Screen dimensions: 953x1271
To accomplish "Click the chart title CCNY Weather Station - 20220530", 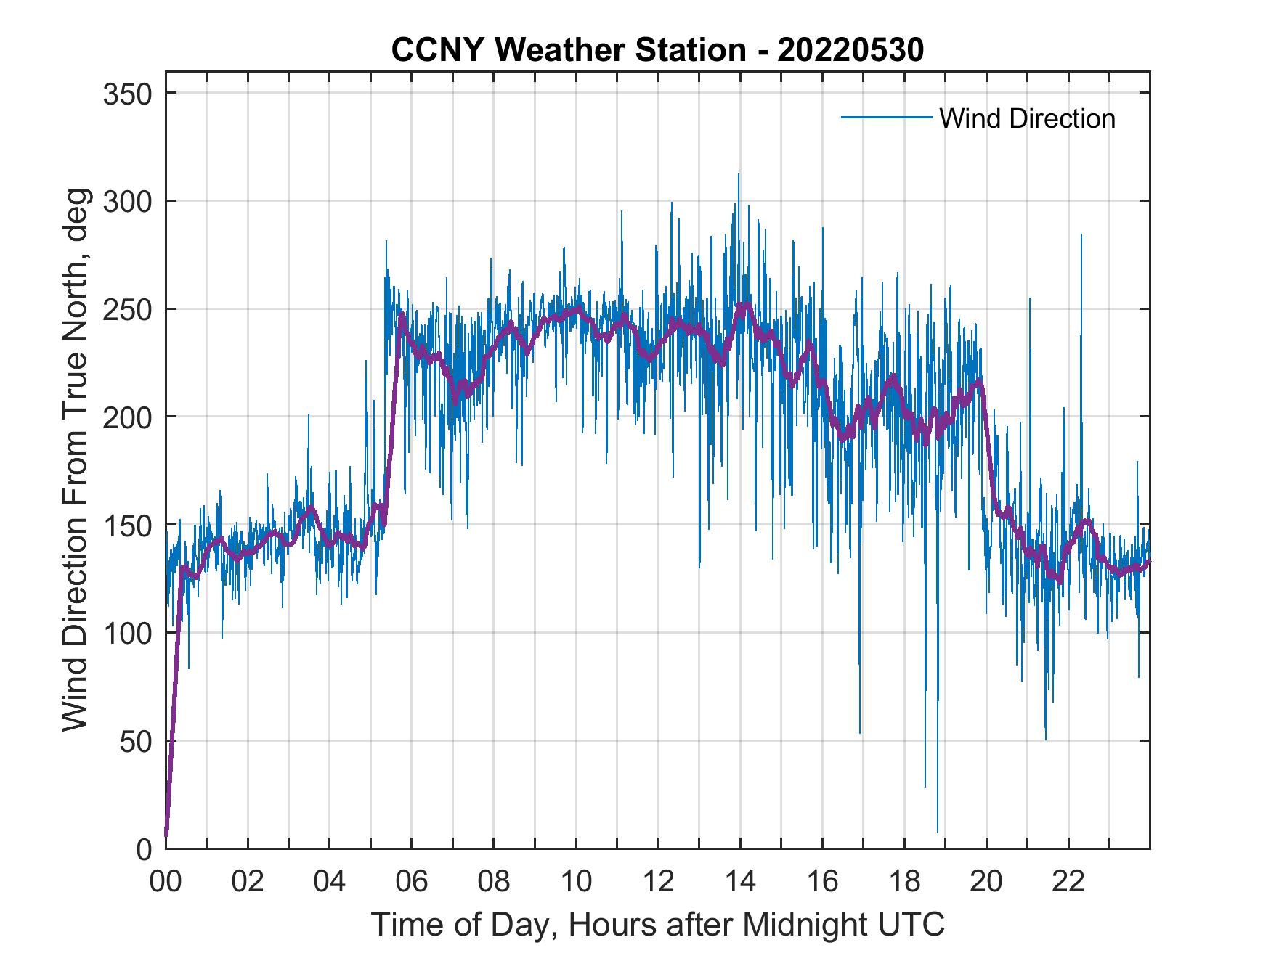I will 657,49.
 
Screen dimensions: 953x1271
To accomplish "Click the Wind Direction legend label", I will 1027,118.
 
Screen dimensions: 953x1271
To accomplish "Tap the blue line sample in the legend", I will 885,118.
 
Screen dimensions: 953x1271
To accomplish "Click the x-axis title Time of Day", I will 657,924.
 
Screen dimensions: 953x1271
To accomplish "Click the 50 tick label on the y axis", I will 138,740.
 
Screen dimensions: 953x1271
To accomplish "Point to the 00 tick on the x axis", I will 166,882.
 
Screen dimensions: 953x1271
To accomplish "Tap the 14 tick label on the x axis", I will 740,882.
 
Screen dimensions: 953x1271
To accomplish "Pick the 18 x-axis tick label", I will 904,882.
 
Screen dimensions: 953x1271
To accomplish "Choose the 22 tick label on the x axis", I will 1068,882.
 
